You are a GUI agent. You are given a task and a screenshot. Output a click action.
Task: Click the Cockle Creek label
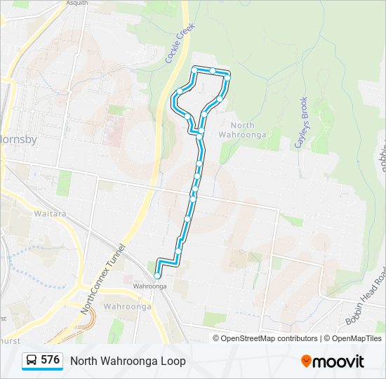[179, 43]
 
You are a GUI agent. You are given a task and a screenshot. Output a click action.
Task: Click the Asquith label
[76, 3]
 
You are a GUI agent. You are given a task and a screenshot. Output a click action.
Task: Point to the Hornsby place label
[18, 139]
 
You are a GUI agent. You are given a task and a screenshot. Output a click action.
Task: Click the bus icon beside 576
[32, 360]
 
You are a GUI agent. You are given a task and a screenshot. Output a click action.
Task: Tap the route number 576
[51, 360]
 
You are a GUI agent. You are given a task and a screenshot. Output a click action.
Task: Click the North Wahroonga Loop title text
[128, 361]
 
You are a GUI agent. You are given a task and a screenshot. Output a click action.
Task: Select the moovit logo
[333, 361]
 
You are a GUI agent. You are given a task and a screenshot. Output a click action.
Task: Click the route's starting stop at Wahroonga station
[157, 276]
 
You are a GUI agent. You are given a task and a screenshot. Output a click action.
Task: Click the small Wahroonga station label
[149, 286]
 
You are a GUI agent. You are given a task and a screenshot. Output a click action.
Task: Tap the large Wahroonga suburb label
[127, 307]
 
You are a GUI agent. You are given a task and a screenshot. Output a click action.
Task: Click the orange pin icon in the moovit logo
[306, 361]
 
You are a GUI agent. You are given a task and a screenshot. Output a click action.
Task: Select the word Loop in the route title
[173, 361]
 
